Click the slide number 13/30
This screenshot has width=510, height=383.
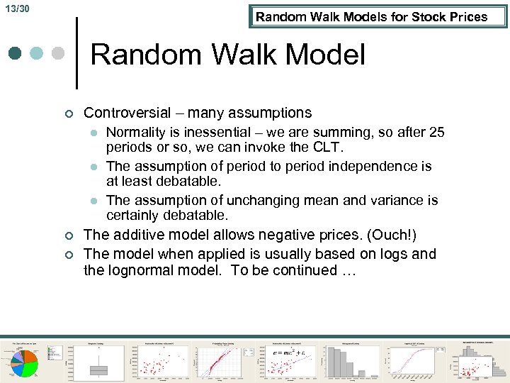tap(20, 9)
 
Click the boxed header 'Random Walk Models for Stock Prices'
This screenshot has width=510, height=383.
tap(371, 17)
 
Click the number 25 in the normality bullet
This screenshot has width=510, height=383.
tap(436, 132)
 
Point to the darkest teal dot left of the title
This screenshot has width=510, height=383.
tap(15, 53)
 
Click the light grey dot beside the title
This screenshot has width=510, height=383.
tap(59, 53)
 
